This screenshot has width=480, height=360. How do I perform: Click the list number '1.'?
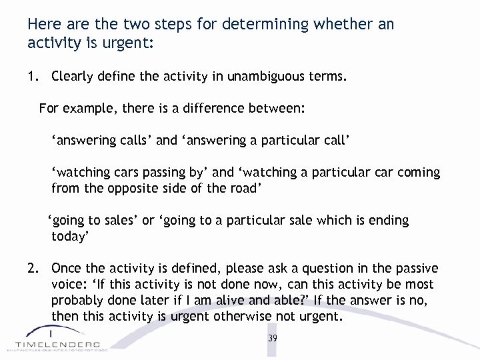click(x=33, y=77)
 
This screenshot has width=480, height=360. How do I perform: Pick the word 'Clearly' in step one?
click(x=73, y=77)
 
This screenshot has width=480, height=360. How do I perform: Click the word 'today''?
click(x=70, y=236)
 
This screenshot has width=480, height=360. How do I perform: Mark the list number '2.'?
click(x=33, y=268)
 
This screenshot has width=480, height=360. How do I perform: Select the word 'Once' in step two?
click(x=67, y=268)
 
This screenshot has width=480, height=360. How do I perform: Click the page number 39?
click(x=272, y=338)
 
